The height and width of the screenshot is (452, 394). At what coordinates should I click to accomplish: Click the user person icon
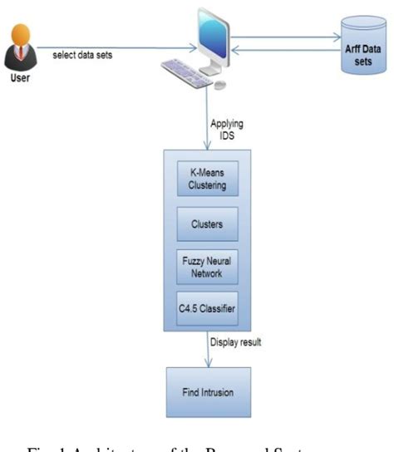click(22, 49)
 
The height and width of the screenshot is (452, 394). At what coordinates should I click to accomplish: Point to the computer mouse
click(220, 85)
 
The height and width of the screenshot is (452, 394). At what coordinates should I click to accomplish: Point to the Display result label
click(238, 341)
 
